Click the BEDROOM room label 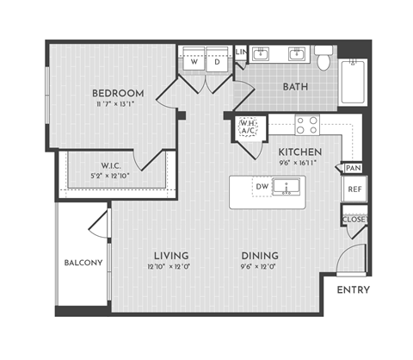(x=119, y=92)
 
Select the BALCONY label (x=83, y=263)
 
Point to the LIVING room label (x=171, y=256)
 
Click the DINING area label (x=259, y=256)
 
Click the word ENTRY (x=353, y=289)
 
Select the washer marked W (x=194, y=63)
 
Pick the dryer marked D (x=217, y=63)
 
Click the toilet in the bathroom (x=324, y=59)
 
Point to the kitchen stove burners (x=307, y=126)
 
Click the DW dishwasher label (x=262, y=186)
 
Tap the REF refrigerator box (x=354, y=189)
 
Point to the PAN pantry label (x=353, y=168)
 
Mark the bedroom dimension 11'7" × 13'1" (x=119, y=105)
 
